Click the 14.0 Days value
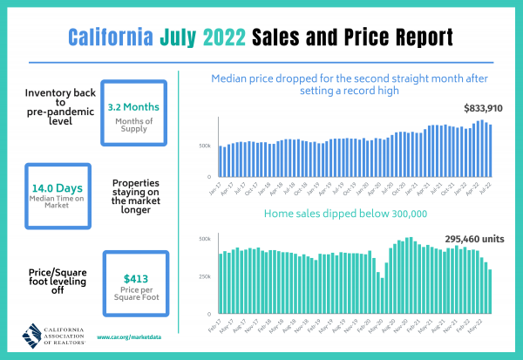point(45,187)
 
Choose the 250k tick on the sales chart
point(204,276)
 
